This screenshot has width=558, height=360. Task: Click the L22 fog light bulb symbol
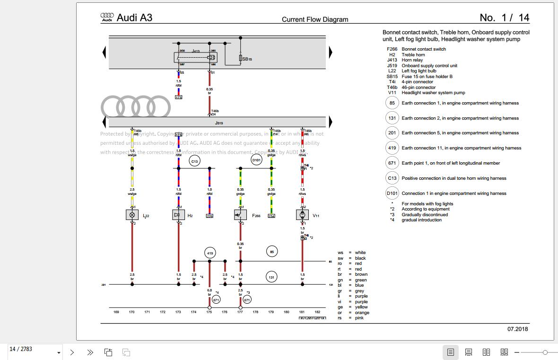pyautogui.click(x=132, y=215)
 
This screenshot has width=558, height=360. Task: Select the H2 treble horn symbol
pyautogui.click(x=178, y=215)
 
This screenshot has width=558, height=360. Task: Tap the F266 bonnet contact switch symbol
pyautogui.click(x=240, y=215)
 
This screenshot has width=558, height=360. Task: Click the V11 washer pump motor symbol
pyautogui.click(x=302, y=215)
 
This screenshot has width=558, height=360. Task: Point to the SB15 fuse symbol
pyautogui.click(x=241, y=58)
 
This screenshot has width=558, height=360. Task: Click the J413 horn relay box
pyautogui.click(x=196, y=57)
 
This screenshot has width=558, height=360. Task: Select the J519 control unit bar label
pyautogui.click(x=218, y=123)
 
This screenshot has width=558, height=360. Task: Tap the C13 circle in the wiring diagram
pyautogui.click(x=194, y=161)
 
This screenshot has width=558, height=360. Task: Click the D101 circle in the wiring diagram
pyautogui.click(x=256, y=160)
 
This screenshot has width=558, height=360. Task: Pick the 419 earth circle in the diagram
pyautogui.click(x=210, y=253)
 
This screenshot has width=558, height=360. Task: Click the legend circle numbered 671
pyautogui.click(x=392, y=163)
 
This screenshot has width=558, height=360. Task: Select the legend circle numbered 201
pyautogui.click(x=392, y=133)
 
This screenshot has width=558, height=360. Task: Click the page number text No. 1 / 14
pyautogui.click(x=504, y=18)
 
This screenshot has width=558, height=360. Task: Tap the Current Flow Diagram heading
pyautogui.click(x=315, y=19)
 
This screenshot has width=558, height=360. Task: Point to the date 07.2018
pyautogui.click(x=518, y=329)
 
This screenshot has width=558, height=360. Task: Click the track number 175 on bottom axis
pyautogui.click(x=209, y=312)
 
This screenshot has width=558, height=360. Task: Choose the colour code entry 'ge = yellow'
pyautogui.click(x=352, y=307)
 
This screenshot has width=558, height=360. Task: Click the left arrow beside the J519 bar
pyautogui.click(x=105, y=122)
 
